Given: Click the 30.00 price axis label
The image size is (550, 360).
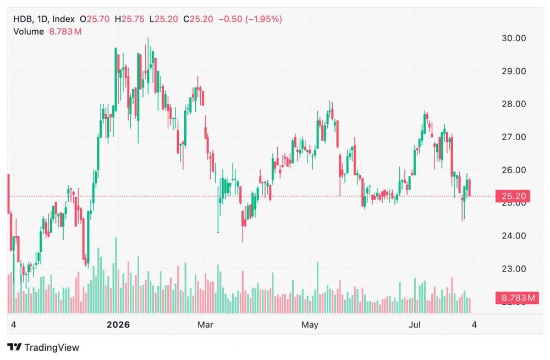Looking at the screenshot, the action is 514,38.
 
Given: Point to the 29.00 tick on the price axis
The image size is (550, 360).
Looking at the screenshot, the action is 514,71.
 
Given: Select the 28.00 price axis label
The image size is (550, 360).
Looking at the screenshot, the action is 514,104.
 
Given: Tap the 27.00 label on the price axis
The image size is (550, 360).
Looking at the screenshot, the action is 514,137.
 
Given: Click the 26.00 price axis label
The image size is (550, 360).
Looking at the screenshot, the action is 514,170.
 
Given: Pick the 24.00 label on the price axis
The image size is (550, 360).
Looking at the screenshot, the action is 514,236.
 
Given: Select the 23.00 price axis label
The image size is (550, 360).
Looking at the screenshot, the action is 514,269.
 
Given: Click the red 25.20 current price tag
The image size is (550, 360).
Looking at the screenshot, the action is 513,196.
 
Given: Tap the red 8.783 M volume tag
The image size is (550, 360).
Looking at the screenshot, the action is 517,298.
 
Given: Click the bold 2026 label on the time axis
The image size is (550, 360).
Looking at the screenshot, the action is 118,325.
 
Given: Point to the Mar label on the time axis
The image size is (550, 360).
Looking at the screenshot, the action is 205,325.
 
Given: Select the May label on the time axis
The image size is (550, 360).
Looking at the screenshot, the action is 310,325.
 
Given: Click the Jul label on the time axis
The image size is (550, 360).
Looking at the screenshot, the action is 414,325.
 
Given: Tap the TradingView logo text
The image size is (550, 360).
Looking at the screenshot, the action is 52,347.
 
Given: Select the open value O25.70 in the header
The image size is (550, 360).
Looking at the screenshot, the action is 95,19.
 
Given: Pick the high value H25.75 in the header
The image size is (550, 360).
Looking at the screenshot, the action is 129,19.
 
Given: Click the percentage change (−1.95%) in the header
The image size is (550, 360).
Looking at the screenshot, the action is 263,19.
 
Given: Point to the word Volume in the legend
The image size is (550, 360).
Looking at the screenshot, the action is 29,31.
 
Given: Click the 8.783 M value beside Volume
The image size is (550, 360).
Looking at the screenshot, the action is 65,31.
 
